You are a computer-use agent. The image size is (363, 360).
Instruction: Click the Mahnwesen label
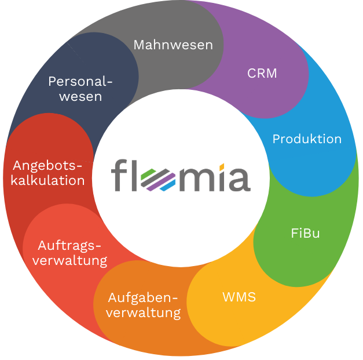(173, 45)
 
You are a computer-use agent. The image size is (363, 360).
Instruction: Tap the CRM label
(262, 74)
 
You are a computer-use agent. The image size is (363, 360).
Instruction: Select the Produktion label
(307, 139)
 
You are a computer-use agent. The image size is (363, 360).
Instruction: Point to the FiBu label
(305, 234)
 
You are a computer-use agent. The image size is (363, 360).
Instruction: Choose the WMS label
(239, 297)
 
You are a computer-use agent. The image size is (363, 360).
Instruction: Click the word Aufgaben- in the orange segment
(143, 298)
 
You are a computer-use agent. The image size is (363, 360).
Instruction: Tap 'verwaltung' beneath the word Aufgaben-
(144, 313)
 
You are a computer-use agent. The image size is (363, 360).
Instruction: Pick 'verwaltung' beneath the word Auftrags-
(69, 260)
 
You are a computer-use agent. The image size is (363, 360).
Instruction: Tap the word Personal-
(80, 81)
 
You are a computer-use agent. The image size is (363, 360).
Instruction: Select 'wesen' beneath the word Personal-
(80, 96)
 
